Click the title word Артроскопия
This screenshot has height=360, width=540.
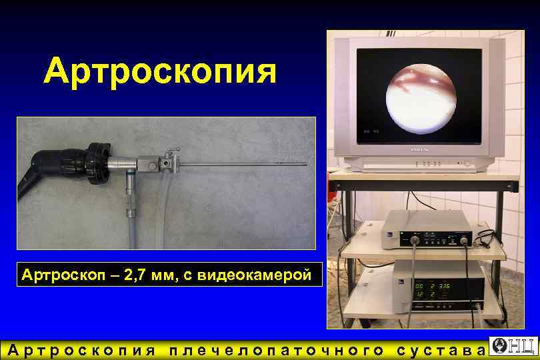[x=160, y=71]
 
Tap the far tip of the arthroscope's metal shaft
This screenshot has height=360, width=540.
[x=305, y=163]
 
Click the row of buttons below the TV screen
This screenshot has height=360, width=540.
[x=427, y=163]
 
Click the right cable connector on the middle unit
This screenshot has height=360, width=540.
[x=463, y=239]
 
